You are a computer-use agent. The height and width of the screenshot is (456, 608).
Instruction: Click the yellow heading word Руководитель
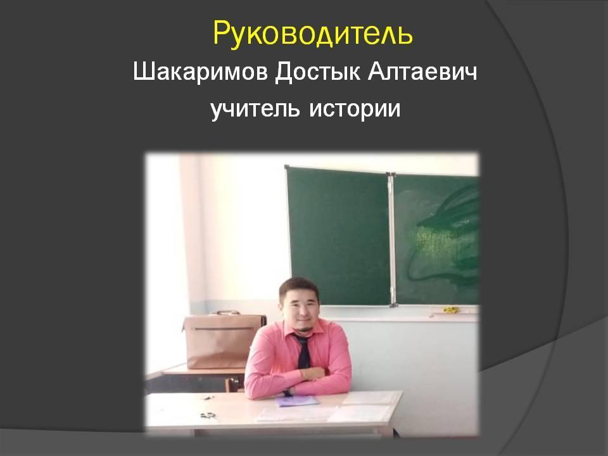313,34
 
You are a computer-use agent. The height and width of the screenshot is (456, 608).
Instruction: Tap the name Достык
317,73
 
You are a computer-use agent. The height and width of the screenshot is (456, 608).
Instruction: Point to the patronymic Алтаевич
422,72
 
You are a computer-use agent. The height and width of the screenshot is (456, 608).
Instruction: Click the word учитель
255,108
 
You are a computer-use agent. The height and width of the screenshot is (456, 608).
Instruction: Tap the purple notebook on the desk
297,402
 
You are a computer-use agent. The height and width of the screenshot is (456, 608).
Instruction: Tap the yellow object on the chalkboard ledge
450,310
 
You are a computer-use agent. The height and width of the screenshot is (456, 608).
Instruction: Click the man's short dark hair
298,288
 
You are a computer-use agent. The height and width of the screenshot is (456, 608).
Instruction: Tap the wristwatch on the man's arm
288,392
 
